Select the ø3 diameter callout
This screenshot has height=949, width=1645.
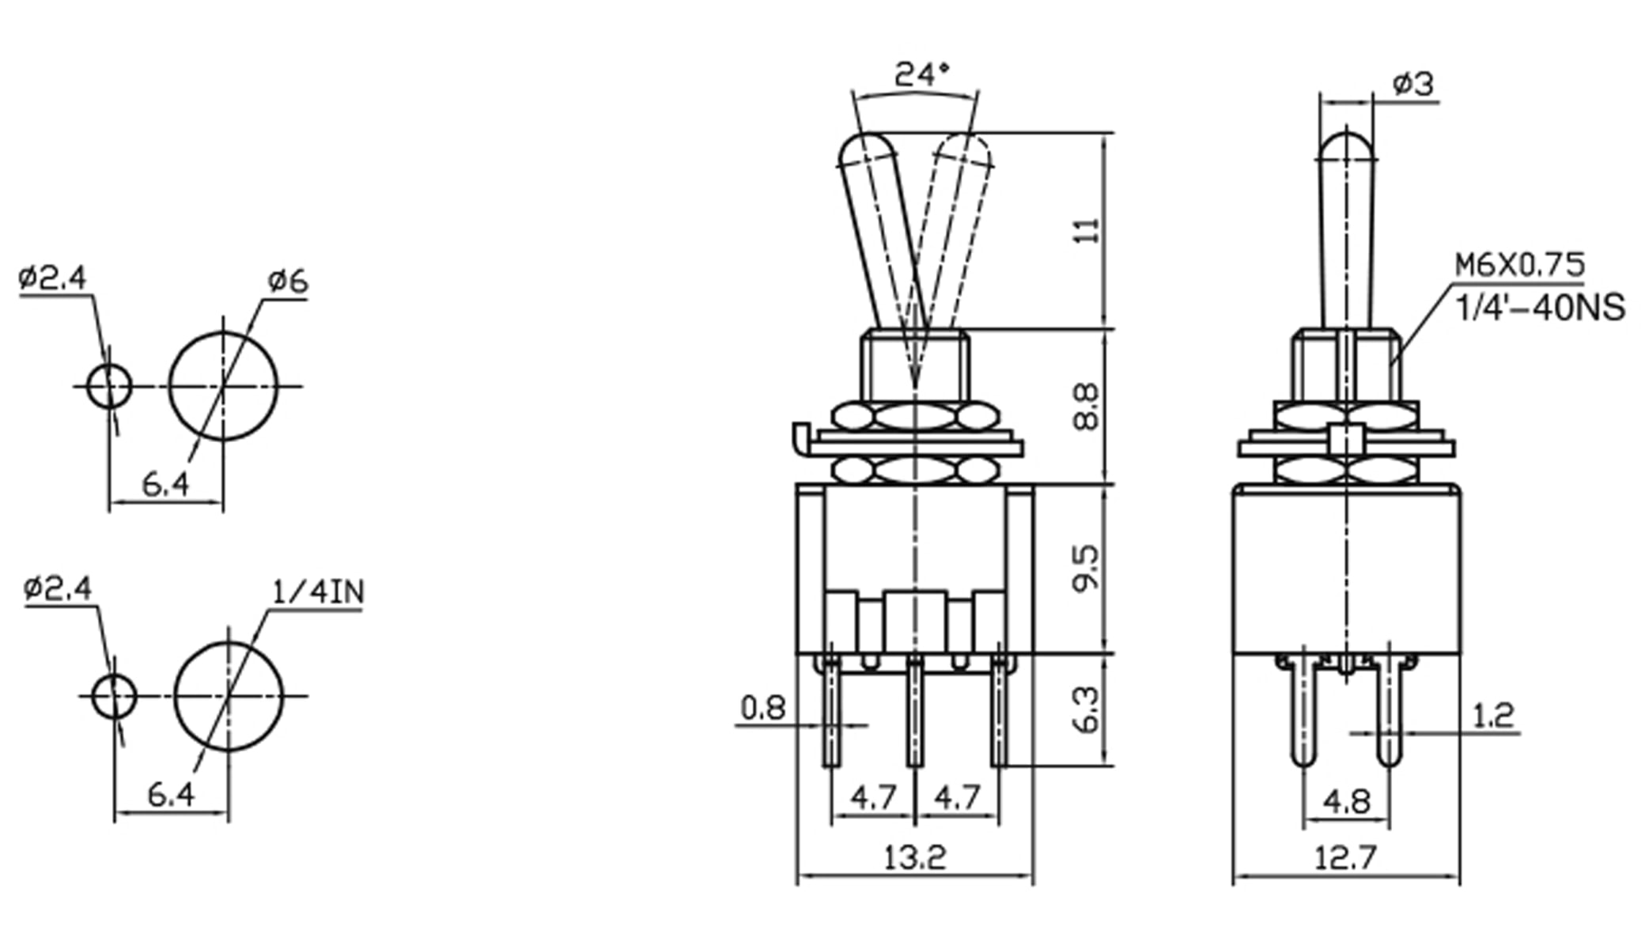click(x=1412, y=84)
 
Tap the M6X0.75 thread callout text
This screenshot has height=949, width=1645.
click(x=1520, y=265)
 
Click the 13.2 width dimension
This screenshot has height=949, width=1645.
click(x=914, y=857)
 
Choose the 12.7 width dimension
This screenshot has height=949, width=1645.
click(x=1345, y=857)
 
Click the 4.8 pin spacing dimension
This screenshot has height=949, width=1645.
click(x=1346, y=802)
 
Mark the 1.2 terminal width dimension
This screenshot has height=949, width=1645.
click(x=1492, y=715)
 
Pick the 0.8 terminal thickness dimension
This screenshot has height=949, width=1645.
click(x=763, y=708)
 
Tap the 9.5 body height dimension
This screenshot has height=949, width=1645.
click(x=1087, y=566)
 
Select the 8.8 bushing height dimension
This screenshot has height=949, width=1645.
click(x=1087, y=406)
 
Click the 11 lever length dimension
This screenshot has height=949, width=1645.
click(x=1089, y=230)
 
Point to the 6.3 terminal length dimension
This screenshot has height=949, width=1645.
click(x=1087, y=709)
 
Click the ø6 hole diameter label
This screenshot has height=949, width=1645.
click(x=288, y=282)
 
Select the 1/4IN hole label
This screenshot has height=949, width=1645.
click(x=318, y=592)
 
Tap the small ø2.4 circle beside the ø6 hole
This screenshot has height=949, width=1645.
click(x=109, y=387)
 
